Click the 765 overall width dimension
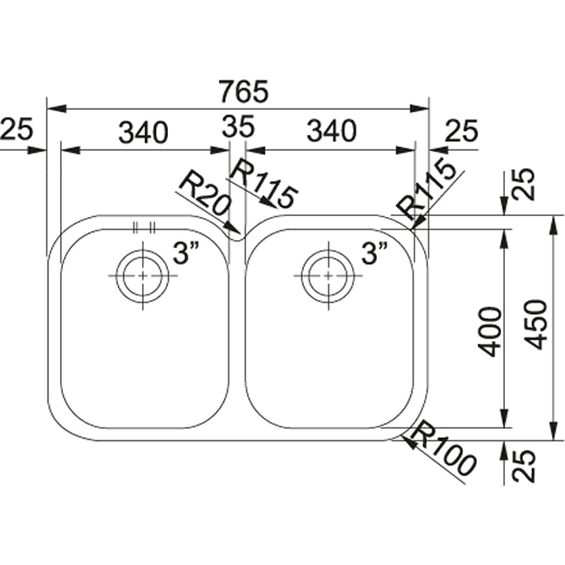(244, 91)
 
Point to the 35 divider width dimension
(237, 127)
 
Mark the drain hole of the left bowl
(141, 275)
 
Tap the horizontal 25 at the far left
(16, 129)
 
